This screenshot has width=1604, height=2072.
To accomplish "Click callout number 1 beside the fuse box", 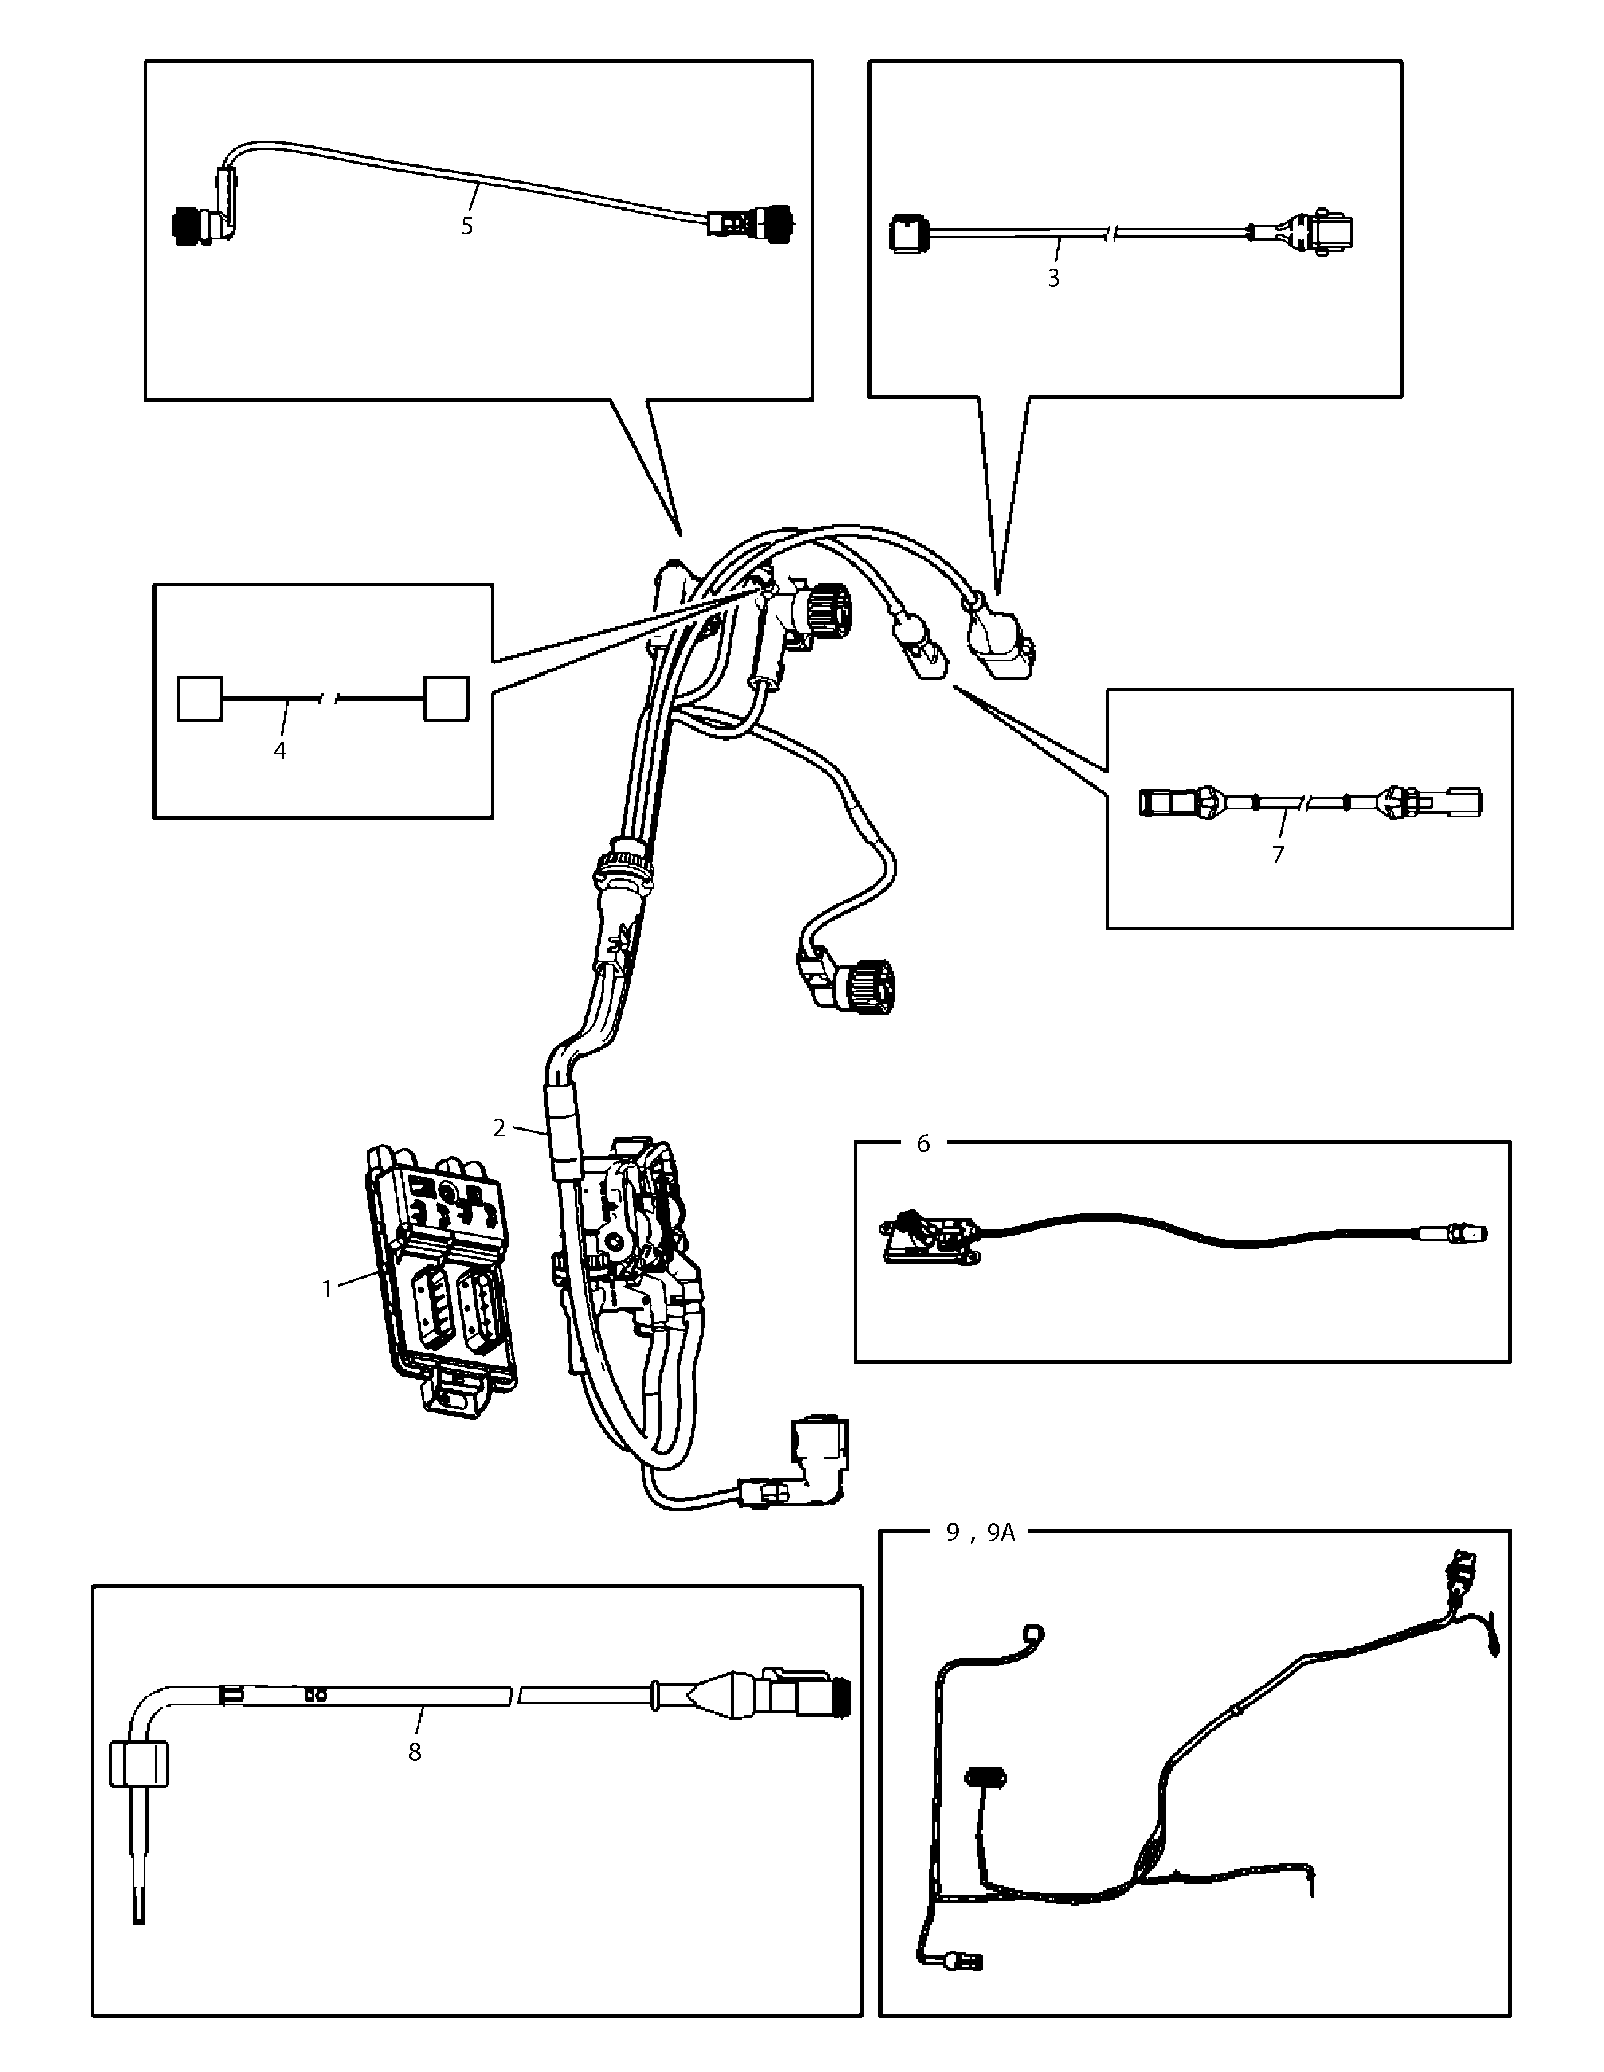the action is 327,1289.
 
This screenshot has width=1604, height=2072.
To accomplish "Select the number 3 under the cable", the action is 1053,279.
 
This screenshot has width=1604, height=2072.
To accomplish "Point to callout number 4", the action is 280,750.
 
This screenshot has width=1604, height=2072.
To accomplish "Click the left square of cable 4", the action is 200,698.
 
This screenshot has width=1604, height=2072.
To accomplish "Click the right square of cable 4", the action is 446,698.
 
